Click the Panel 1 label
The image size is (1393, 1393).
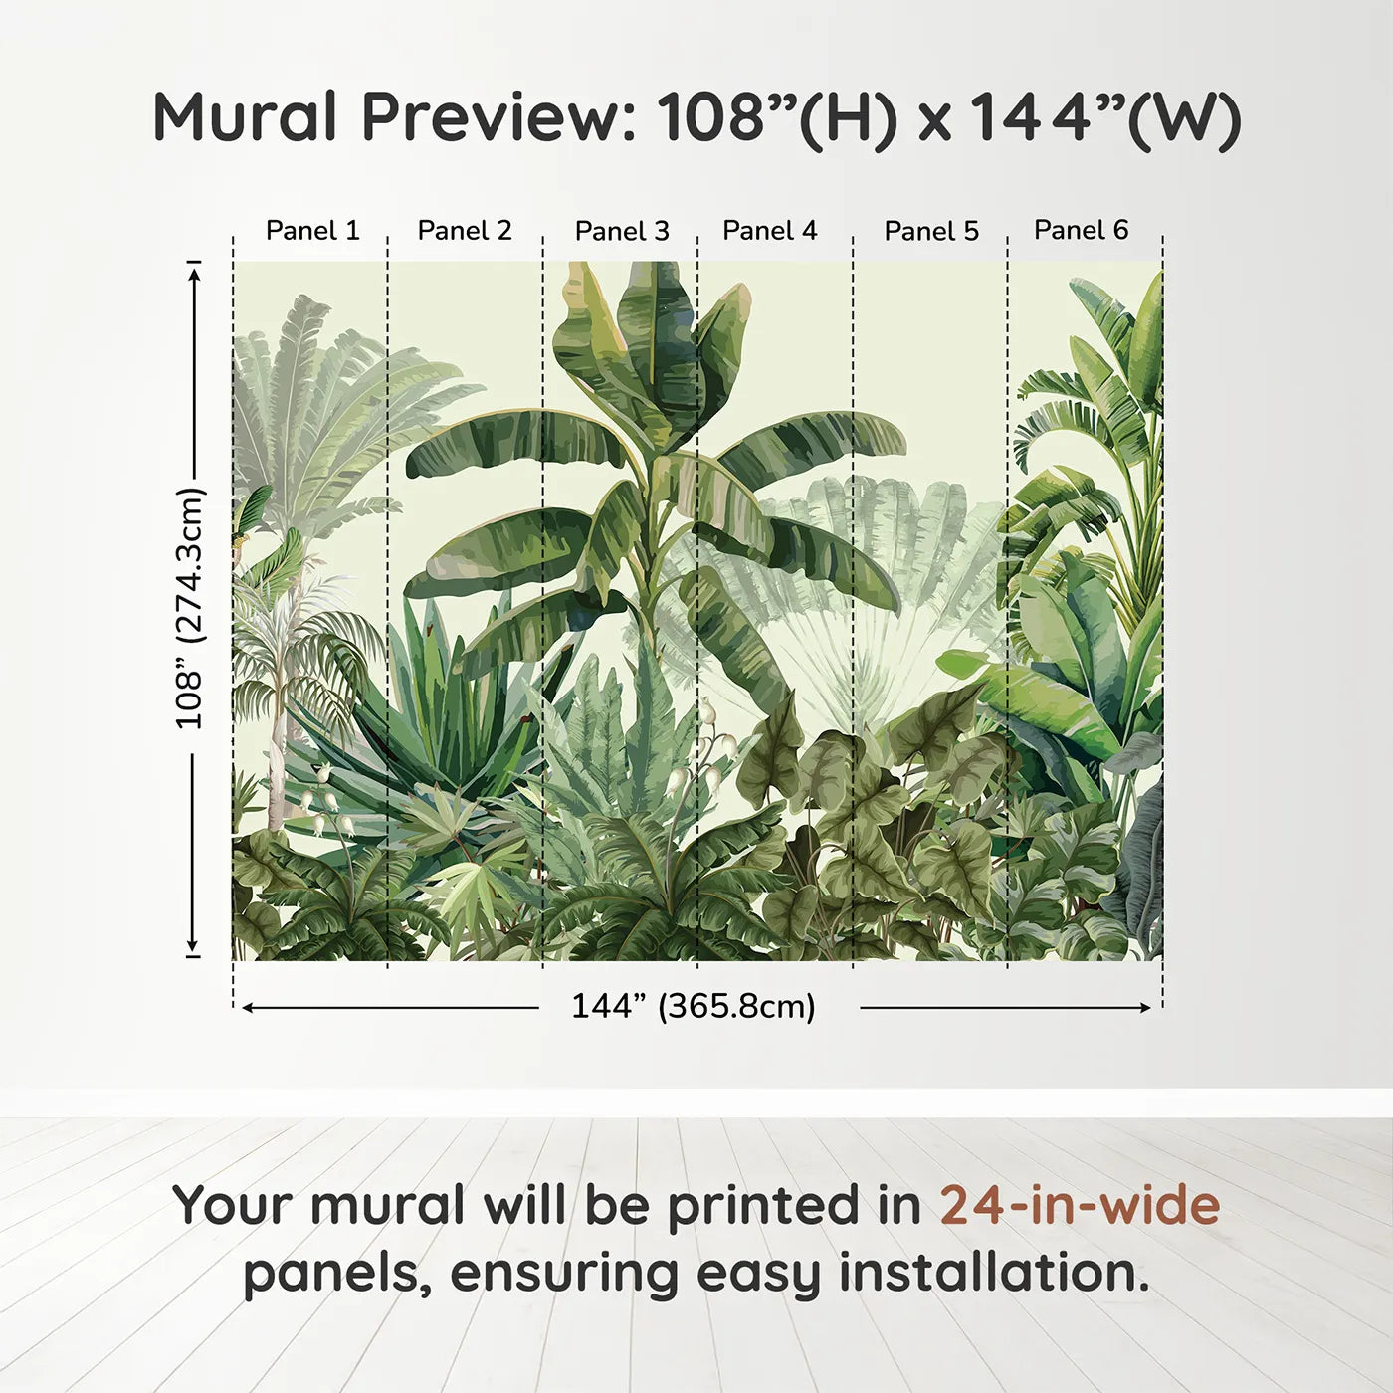[x=312, y=231]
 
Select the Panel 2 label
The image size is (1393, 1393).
[x=465, y=231]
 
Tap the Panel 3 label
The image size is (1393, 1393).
[x=623, y=231]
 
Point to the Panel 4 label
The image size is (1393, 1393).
[x=770, y=231]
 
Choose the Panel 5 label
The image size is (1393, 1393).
[x=931, y=231]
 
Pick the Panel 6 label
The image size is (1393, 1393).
[x=1082, y=230]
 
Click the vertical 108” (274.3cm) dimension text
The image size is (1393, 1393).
[x=191, y=608]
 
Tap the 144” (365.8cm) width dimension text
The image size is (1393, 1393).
[x=694, y=1006]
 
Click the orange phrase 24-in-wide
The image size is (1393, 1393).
[x=1080, y=1205]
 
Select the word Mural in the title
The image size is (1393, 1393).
[x=245, y=117]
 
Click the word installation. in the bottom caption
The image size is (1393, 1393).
[x=994, y=1273]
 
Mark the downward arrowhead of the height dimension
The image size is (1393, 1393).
[x=192, y=945]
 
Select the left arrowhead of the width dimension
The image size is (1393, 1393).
[x=248, y=1008]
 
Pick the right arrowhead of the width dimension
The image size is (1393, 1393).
[x=1145, y=1008]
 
